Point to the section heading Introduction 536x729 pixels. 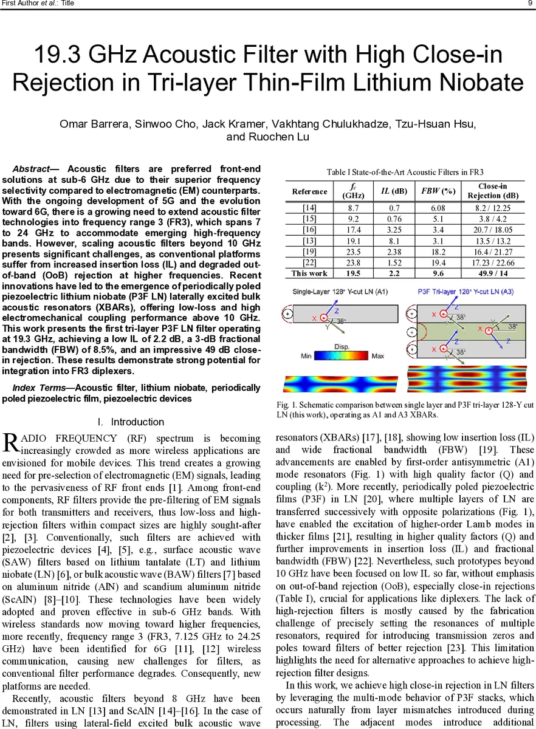pos(137,422)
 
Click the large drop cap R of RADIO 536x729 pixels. pos(10,443)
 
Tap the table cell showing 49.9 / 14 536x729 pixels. pos(493,274)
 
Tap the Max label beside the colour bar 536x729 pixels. pos(377,356)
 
